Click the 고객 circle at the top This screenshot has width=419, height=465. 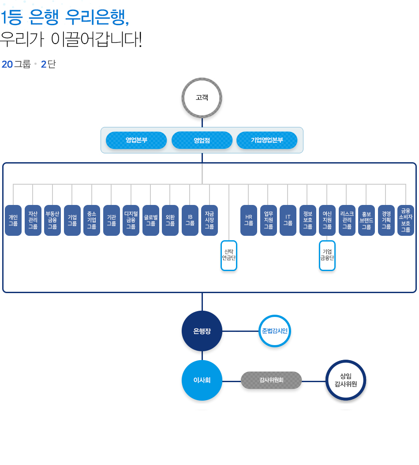[202, 98]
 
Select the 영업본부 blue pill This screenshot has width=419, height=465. [136, 140]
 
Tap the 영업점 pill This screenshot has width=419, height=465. [202, 140]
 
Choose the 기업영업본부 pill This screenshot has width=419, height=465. [267, 140]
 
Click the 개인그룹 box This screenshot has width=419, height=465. [13, 220]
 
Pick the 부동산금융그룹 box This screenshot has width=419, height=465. [52, 220]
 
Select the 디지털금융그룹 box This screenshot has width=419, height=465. [131, 220]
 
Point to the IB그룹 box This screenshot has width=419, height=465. [190, 220]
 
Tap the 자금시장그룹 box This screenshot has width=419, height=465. [209, 220]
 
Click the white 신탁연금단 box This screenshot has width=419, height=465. [229, 255]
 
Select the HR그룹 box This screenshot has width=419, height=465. [249, 220]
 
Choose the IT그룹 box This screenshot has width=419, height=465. [288, 220]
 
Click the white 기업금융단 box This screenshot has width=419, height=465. [327, 255]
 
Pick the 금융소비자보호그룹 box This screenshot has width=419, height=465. [406, 220]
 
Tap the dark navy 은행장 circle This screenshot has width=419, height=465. [202, 331]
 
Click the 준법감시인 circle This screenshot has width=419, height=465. [275, 331]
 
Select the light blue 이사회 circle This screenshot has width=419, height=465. [202, 380]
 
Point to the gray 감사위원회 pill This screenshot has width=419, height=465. [271, 380]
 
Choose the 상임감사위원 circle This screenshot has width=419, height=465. [346, 380]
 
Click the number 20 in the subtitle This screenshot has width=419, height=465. [7, 64]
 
